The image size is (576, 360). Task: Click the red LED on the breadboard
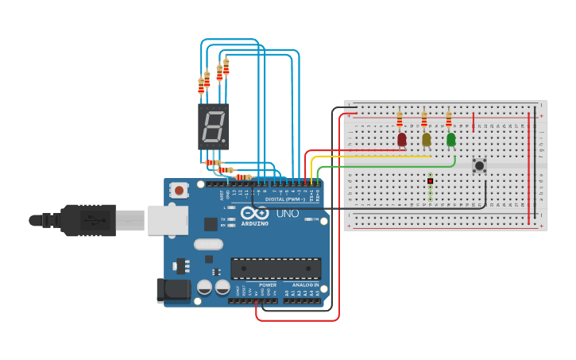pyautogui.click(x=401, y=140)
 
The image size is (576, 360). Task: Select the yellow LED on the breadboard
pyautogui.click(x=426, y=140)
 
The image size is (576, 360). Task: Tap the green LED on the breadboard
pyautogui.click(x=450, y=140)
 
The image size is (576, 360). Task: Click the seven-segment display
pyautogui.click(x=213, y=127)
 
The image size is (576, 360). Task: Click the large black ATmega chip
pyautogui.click(x=276, y=269)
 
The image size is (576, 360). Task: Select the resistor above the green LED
pyautogui.click(x=448, y=119)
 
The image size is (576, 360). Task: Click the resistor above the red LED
pyautogui.click(x=399, y=119)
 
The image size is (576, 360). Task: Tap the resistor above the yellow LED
pyautogui.click(x=423, y=119)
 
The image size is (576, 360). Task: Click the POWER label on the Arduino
pyautogui.click(x=268, y=285)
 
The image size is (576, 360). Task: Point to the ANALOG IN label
pyautogui.click(x=305, y=285)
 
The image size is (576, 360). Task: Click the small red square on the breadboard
pyautogui.click(x=430, y=180)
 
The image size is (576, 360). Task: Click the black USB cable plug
pyautogui.click(x=87, y=220)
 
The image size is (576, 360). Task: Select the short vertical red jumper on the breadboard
pyautogui.click(x=474, y=122)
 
